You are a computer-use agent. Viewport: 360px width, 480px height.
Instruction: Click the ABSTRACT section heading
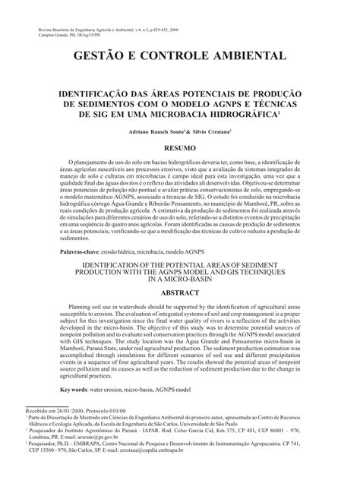pyautogui.click(x=180, y=291)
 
